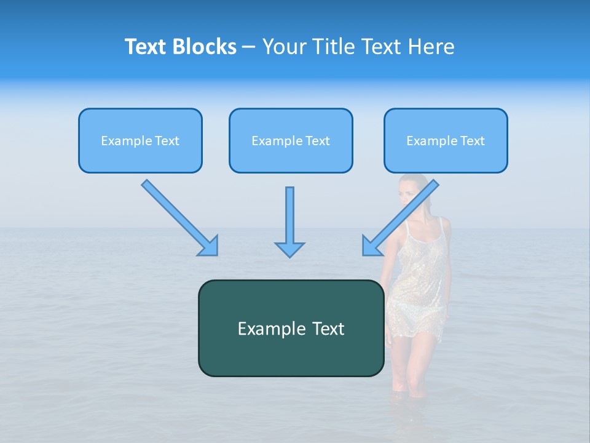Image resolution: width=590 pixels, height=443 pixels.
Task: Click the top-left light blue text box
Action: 140,141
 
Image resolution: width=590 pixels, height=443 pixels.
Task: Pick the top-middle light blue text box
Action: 291,141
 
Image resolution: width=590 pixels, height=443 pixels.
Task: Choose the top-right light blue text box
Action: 446,141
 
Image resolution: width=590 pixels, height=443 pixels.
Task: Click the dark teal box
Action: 291,328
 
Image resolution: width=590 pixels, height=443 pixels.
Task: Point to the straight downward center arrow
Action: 289,222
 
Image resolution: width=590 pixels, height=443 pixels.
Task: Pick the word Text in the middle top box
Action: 317,141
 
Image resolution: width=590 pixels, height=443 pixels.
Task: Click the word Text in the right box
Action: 472,141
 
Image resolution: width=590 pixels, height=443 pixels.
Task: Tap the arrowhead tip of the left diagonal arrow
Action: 216,254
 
